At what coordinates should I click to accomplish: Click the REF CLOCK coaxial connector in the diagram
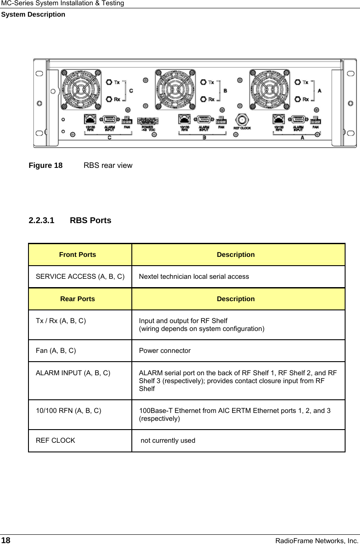coord(241,119)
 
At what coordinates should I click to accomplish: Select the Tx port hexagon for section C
coord(109,82)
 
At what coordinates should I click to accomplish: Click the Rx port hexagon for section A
coord(298,99)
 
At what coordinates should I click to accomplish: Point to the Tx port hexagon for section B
coord(203,82)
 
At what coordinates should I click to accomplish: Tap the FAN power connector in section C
coord(127,121)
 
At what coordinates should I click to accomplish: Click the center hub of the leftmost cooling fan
coord(81,89)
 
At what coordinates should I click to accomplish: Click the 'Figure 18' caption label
coord(46,166)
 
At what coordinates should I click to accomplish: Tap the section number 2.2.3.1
coord(42,220)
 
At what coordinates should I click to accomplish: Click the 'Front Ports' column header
coord(78,255)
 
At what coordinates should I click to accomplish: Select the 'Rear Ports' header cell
coord(78,299)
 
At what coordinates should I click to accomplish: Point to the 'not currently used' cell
coord(168,441)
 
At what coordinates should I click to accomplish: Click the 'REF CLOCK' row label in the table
coord(55,441)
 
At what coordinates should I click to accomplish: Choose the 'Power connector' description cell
coord(165,351)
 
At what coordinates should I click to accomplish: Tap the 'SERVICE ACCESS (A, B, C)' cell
coord(80,277)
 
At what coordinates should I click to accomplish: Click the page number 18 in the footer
coord(6,540)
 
